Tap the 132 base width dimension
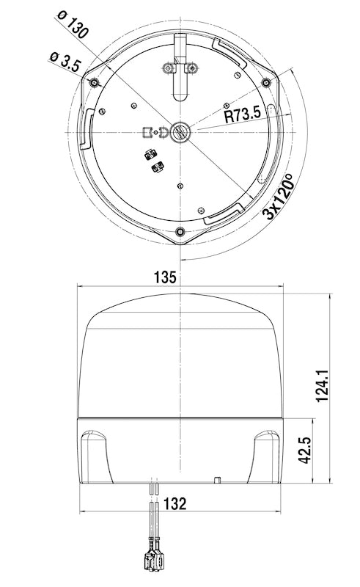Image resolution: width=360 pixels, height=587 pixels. click(x=174, y=504)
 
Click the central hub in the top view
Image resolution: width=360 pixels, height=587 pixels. click(x=180, y=132)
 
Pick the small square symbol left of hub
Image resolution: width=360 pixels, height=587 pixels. click(x=147, y=133)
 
